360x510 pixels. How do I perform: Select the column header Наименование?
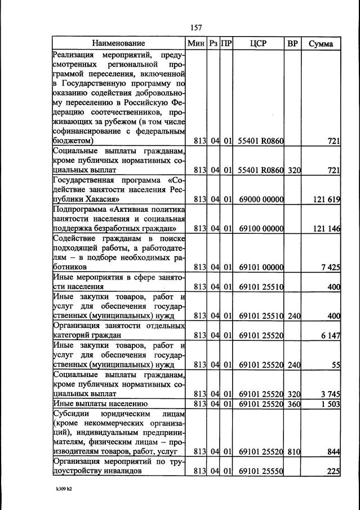click(119, 43)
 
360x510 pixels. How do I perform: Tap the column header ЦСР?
click(259, 43)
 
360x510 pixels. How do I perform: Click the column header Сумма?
click(321, 43)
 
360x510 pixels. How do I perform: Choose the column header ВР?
click(292, 43)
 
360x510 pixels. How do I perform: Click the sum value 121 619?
click(326, 199)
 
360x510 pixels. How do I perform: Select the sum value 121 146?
click(326, 228)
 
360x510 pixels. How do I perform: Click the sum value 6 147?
click(330, 335)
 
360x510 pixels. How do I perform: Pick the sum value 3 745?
click(330, 393)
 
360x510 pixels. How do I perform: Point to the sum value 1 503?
click(330, 403)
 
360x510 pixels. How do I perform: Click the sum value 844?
click(334, 451)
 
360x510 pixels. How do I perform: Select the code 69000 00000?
click(260, 199)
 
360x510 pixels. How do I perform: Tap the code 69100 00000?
click(260, 228)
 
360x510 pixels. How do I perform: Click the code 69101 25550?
click(260, 471)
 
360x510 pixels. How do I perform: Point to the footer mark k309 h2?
click(60, 489)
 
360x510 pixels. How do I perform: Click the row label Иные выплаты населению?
click(100, 403)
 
